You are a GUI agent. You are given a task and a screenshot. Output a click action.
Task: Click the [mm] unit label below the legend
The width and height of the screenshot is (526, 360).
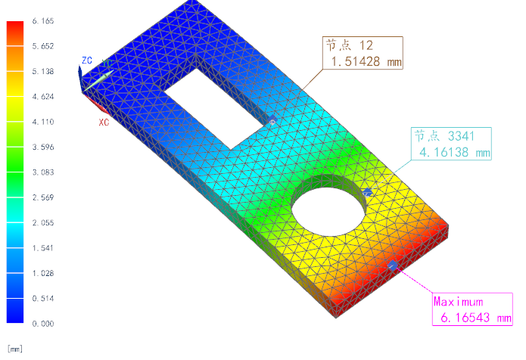click(x=14, y=349)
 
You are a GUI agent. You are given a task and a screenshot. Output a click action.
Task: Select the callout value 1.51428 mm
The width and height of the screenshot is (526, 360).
click(x=362, y=62)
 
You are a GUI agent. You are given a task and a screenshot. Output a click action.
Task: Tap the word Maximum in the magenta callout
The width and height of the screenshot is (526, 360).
click(x=459, y=302)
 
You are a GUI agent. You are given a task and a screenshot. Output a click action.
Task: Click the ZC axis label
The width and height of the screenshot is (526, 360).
click(x=88, y=60)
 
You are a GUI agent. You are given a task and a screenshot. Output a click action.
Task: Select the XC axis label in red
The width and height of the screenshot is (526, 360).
click(x=105, y=121)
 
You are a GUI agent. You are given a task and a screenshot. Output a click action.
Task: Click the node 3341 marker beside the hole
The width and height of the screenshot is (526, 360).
click(x=368, y=193)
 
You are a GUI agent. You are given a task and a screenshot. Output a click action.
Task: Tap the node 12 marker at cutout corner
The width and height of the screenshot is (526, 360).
click(x=272, y=120)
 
